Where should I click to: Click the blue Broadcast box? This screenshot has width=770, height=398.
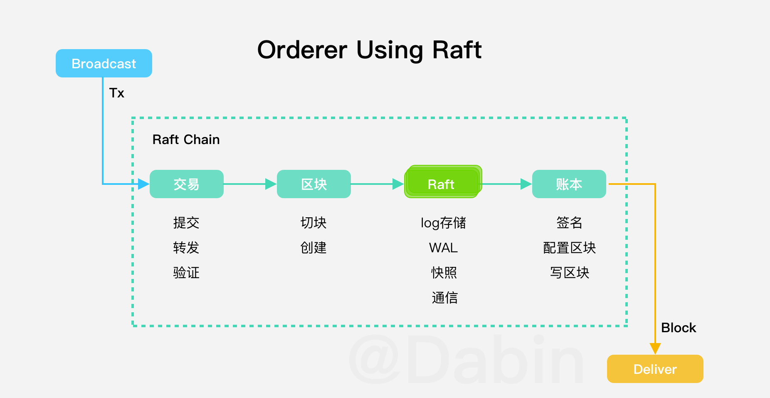click(x=104, y=63)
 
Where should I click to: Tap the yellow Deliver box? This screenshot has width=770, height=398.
click(x=655, y=369)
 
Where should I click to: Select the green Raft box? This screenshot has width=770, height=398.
click(x=442, y=184)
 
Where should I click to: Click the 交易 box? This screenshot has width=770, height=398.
click(x=186, y=184)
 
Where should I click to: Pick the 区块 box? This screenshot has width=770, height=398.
click(x=314, y=184)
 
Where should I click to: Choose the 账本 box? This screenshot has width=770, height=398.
click(x=569, y=184)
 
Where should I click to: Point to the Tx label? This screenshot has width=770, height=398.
click(x=117, y=93)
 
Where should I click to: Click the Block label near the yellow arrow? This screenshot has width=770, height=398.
click(x=678, y=328)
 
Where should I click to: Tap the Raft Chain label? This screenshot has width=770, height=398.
click(x=186, y=139)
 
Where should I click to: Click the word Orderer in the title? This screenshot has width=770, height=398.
click(x=302, y=50)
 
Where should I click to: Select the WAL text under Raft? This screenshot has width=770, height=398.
click(x=443, y=248)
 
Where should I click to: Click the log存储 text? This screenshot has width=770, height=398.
click(x=443, y=223)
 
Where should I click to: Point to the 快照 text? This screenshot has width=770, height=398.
click(x=444, y=273)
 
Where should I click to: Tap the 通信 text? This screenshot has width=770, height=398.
click(x=444, y=298)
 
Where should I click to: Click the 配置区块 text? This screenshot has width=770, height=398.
click(x=569, y=248)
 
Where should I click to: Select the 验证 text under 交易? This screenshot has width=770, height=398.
click(x=186, y=273)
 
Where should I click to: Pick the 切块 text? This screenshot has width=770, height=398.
click(x=313, y=223)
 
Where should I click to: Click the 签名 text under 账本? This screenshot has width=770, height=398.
click(x=569, y=223)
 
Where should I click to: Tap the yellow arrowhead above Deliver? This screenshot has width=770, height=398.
click(x=655, y=348)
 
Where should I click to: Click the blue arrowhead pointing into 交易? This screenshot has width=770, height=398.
click(x=143, y=184)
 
